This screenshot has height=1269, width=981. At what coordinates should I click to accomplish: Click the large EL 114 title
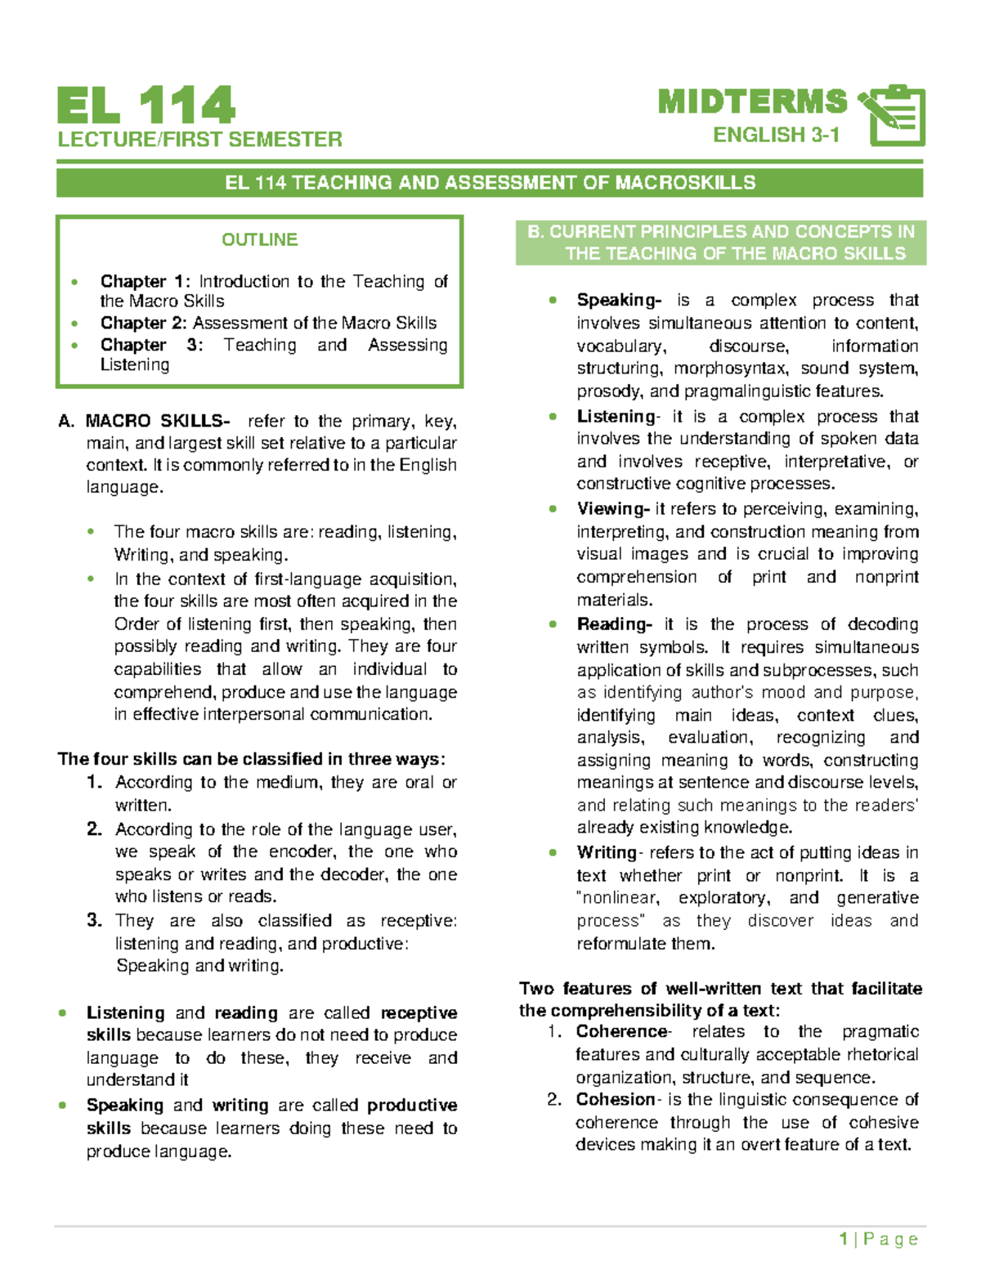coord(146,106)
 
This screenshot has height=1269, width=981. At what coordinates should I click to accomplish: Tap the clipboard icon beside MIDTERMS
coord(894,115)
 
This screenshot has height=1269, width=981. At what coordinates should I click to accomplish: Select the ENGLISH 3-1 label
coord(776,135)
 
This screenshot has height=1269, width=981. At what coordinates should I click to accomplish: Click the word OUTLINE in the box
coord(259,239)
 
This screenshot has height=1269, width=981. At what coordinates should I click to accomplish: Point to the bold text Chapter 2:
coord(143,323)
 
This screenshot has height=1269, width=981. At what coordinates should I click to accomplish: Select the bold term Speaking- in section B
coord(618,300)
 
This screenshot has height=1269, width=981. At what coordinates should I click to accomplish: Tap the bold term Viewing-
coord(612,509)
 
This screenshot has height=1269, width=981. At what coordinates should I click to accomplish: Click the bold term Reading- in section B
coord(614,624)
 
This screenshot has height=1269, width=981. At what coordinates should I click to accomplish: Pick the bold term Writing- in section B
coord(608,852)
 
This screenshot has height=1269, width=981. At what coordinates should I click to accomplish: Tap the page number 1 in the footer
coord(843,1239)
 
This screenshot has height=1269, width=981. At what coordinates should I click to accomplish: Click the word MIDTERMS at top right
coord(752,102)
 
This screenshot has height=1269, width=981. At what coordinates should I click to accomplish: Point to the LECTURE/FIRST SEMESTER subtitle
coord(199,140)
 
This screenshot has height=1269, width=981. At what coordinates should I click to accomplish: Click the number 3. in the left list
coord(95,920)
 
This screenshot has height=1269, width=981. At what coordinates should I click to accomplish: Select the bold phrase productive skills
coord(411,1106)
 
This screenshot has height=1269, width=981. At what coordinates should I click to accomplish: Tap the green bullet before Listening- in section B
coord(553,417)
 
